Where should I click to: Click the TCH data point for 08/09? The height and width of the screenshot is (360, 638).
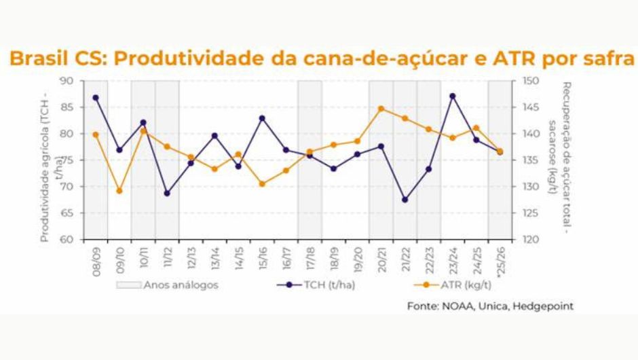[x=96, y=98]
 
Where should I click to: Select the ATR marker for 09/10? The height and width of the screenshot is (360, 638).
[x=119, y=191]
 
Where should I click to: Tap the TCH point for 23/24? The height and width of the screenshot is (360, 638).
[x=453, y=96]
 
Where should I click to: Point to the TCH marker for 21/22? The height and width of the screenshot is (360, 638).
[x=405, y=200]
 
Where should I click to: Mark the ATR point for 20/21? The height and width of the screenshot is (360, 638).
[x=381, y=109]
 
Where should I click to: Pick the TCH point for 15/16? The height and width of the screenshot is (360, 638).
[x=262, y=118]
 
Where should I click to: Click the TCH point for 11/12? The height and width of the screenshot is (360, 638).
[x=167, y=193]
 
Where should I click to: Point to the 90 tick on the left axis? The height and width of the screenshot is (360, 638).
[x=67, y=81]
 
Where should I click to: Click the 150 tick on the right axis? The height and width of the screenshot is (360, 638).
[x=530, y=81]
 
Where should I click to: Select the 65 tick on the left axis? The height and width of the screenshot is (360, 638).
[x=67, y=213]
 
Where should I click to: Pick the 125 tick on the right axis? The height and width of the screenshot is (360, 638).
[x=530, y=213]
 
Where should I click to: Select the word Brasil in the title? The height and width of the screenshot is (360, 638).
[x=39, y=58]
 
